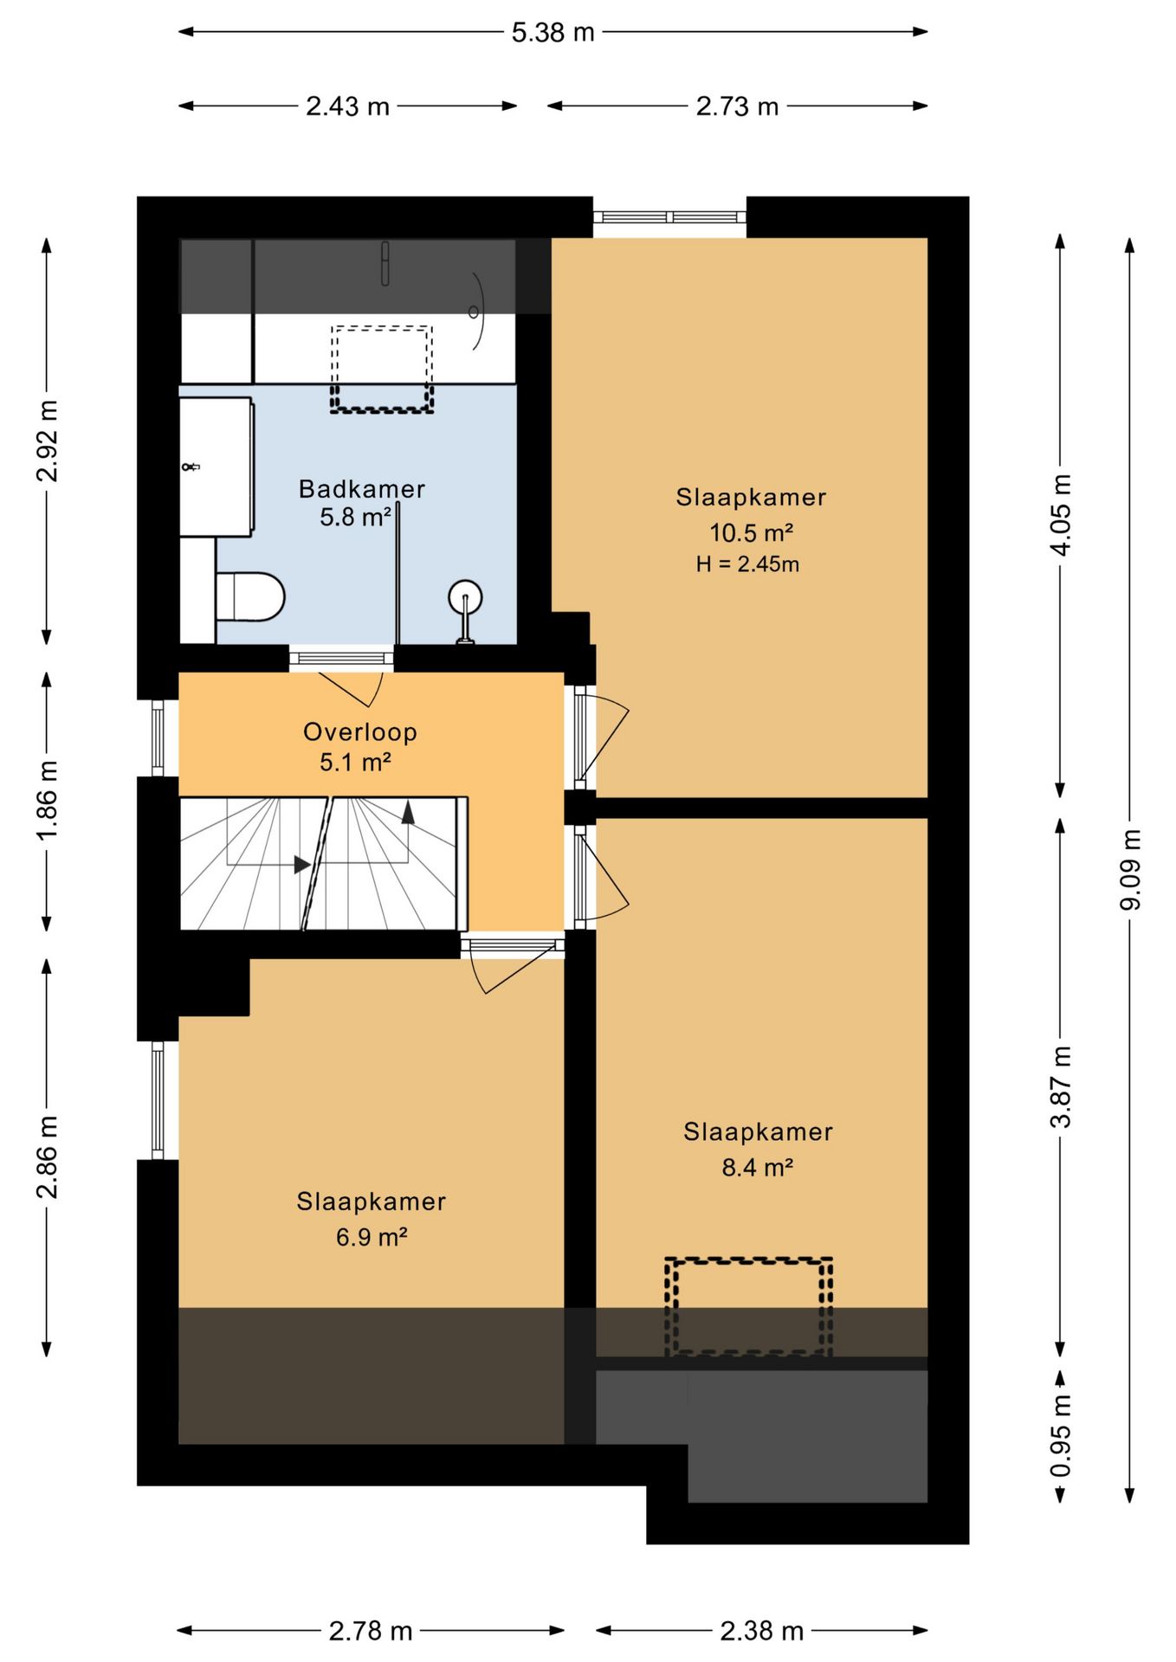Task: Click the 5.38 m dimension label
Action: click(x=552, y=33)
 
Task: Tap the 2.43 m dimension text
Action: click(x=347, y=106)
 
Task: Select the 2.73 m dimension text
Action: click(x=737, y=106)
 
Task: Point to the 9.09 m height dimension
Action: click(x=1131, y=869)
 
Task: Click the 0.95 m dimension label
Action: click(x=1061, y=1436)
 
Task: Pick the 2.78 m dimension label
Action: click(x=370, y=1632)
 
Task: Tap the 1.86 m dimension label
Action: click(x=48, y=800)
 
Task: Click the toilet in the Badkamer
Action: click(x=250, y=596)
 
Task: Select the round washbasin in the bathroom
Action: click(x=465, y=597)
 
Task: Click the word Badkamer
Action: click(x=362, y=489)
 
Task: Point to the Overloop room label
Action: click(x=360, y=732)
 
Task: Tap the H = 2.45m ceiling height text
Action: click(x=747, y=564)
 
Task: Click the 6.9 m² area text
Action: click(x=372, y=1237)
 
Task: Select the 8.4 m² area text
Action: click(x=758, y=1168)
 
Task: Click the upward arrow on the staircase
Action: click(x=408, y=812)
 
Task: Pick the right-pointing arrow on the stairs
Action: click(x=302, y=864)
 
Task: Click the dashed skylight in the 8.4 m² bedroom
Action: click(x=749, y=1306)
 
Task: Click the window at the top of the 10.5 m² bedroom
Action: click(x=669, y=217)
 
